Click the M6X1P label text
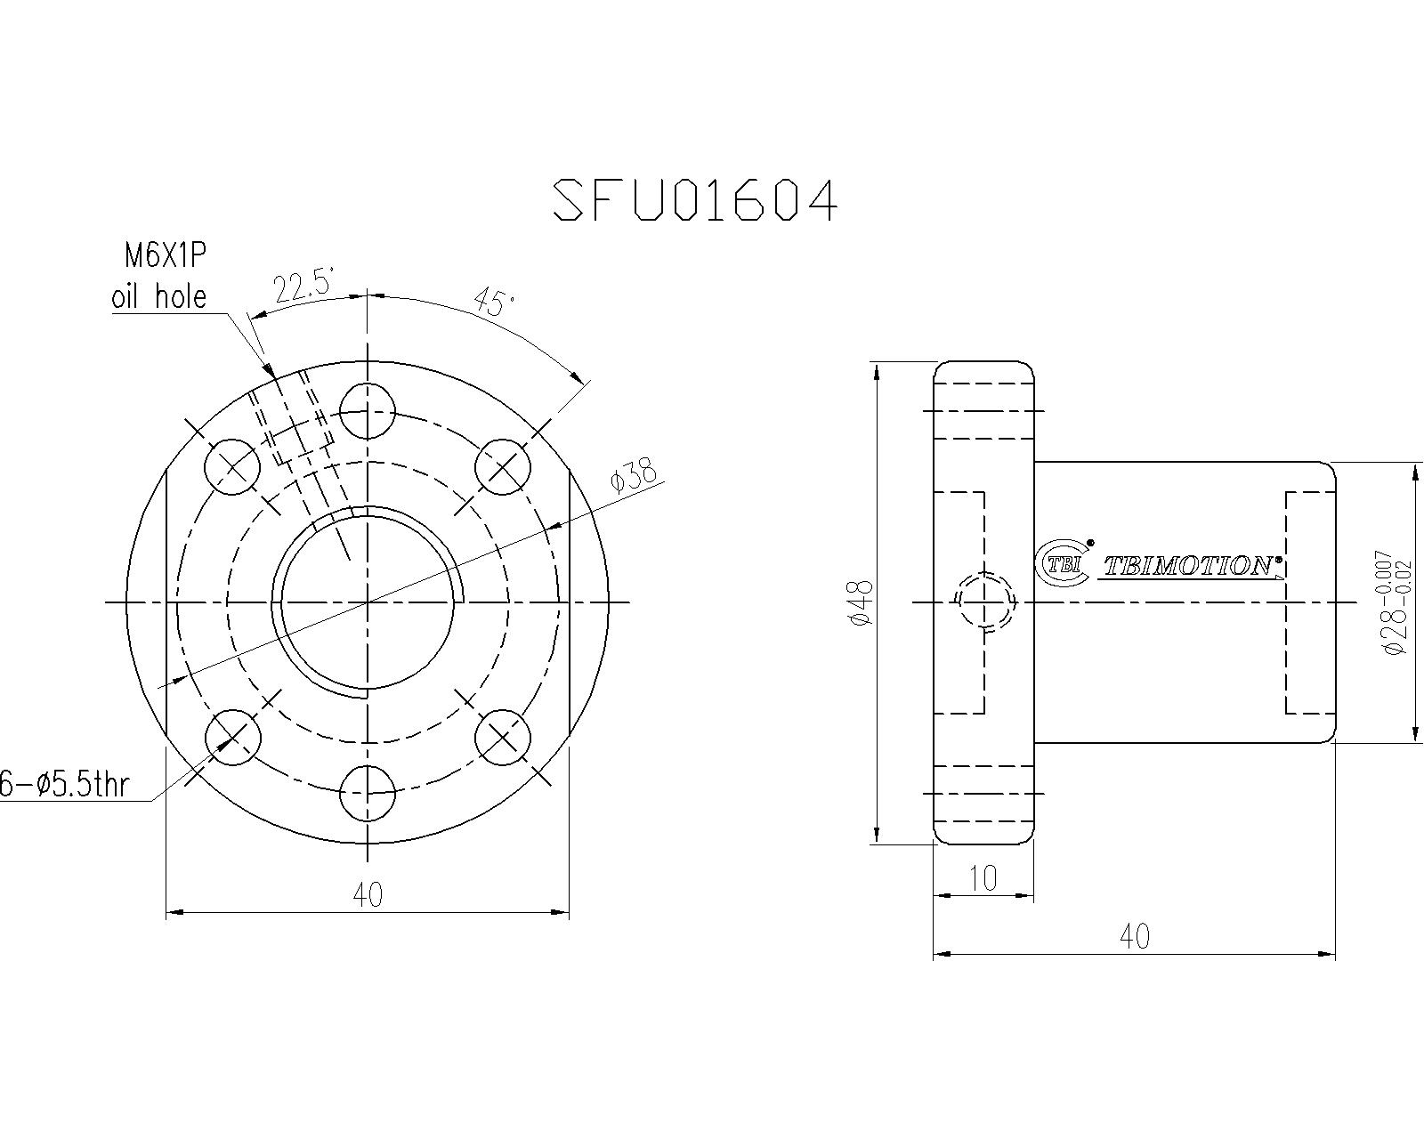point(165,257)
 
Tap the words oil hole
point(158,296)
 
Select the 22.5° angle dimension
point(303,288)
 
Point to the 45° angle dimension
point(495,303)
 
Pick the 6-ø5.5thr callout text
point(64,785)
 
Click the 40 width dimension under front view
point(368,894)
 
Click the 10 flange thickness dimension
point(983,879)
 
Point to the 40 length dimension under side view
point(1134,936)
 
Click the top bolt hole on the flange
point(368,412)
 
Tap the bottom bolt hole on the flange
point(368,792)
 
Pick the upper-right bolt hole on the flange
point(503,467)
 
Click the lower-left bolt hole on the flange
point(232,736)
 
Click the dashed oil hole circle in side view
point(984,602)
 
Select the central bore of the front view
point(368,602)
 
